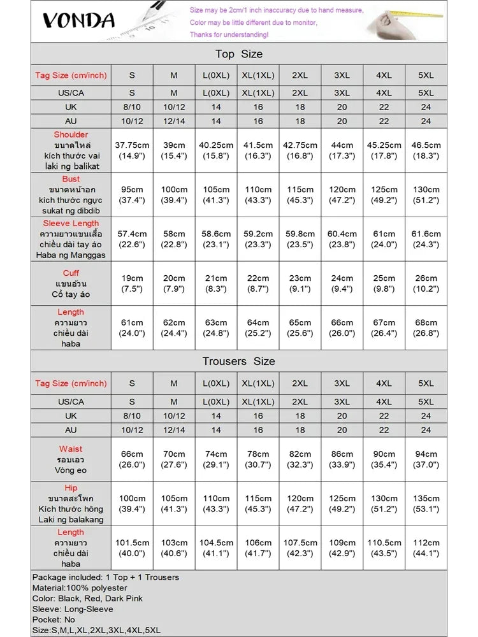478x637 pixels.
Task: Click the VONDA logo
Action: pyautogui.click(x=79, y=20)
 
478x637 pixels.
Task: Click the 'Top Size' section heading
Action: pyautogui.click(x=238, y=54)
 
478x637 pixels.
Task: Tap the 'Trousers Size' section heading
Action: pyautogui.click(x=238, y=361)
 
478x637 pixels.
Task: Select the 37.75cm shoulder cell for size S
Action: pyautogui.click(x=132, y=150)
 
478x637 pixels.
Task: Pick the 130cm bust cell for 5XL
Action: pyautogui.click(x=426, y=194)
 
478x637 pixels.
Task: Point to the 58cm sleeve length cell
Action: pyautogui.click(x=174, y=239)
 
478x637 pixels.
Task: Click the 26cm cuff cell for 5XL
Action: pyautogui.click(x=426, y=283)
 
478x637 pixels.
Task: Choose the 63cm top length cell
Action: pyautogui.click(x=216, y=327)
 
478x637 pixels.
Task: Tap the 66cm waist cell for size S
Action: pyautogui.click(x=132, y=459)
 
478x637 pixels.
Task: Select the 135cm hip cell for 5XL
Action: pyautogui.click(x=426, y=503)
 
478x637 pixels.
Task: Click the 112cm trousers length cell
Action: pyautogui.click(x=426, y=548)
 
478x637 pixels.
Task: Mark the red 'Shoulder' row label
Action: pyautogui.click(x=71, y=135)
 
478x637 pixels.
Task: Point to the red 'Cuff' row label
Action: pyautogui.click(x=71, y=273)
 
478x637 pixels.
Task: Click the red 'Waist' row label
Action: pyautogui.click(x=71, y=449)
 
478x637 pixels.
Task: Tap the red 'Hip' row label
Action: pyautogui.click(x=71, y=488)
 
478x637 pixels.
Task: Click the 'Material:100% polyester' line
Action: pyautogui.click(x=80, y=588)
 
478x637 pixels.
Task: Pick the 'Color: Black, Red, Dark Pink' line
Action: pyautogui.click(x=87, y=598)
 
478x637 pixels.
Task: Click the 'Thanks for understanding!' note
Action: pyautogui.click(x=229, y=34)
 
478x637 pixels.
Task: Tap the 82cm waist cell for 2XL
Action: pyautogui.click(x=300, y=459)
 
